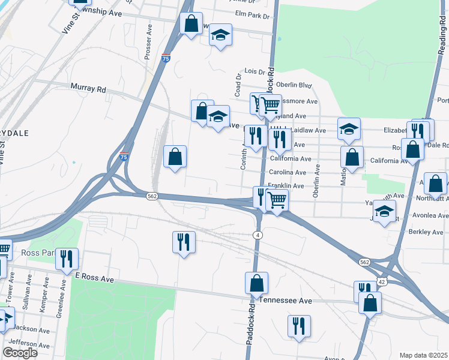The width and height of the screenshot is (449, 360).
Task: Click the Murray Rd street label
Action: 88,89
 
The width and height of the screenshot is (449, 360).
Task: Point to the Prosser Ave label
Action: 148,41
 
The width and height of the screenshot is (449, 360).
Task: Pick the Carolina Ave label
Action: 287,172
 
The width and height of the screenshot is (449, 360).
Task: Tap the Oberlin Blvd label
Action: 297,85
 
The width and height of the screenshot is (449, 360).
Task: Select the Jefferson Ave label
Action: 29,343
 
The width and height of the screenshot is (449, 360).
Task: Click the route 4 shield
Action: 258,234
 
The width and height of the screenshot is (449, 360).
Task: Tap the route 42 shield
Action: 382,281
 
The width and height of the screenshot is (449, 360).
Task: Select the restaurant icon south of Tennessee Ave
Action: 298,326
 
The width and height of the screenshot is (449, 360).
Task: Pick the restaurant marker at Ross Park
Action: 67,258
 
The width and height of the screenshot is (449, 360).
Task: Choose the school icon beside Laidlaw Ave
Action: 349,128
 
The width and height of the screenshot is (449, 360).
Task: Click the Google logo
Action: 20,353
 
